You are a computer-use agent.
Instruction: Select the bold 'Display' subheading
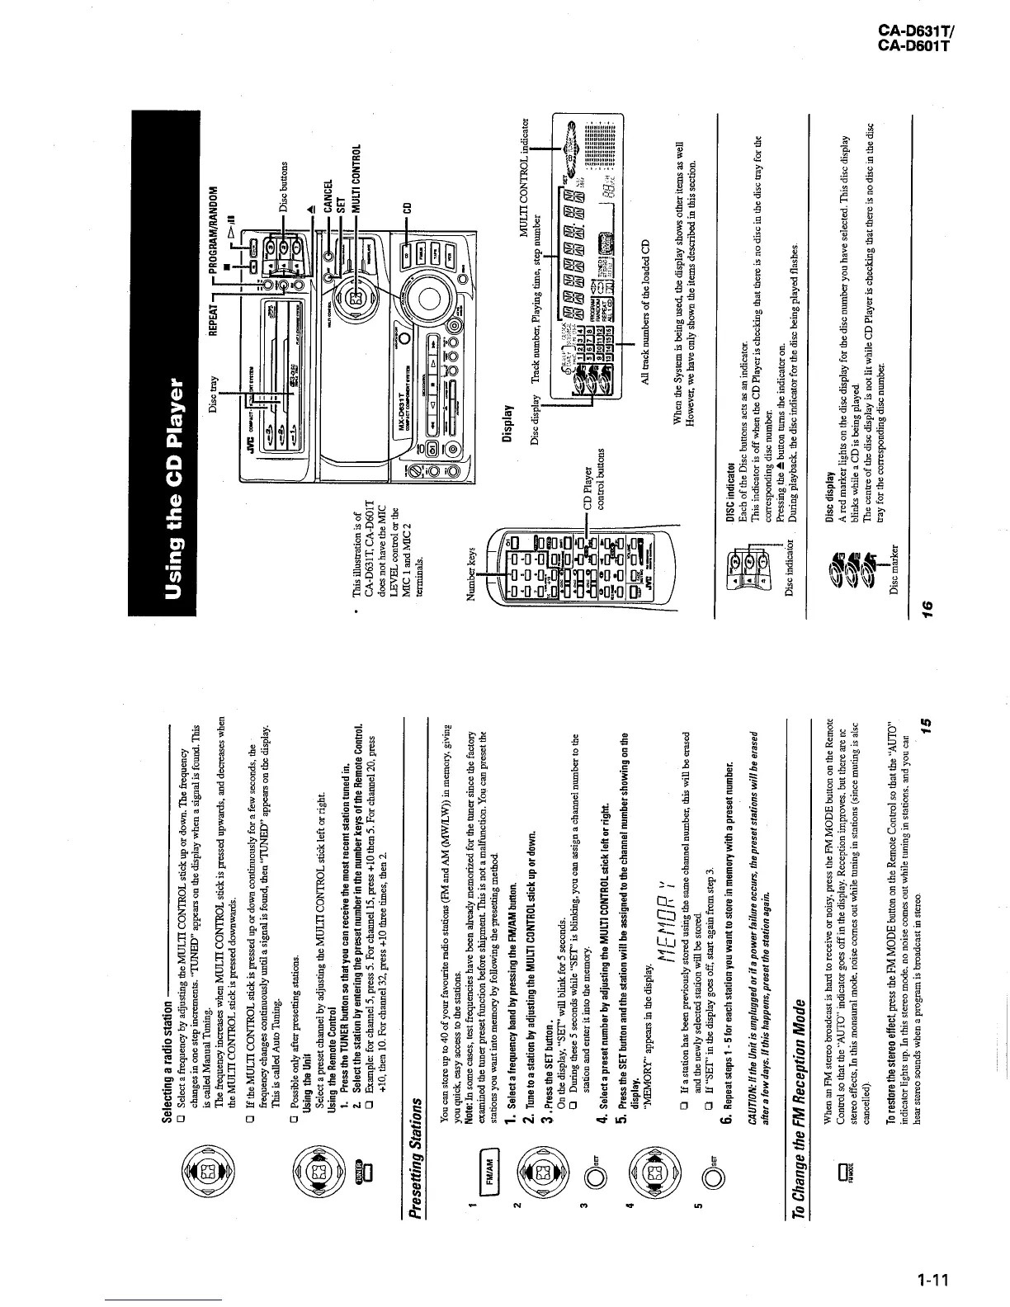508,421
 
